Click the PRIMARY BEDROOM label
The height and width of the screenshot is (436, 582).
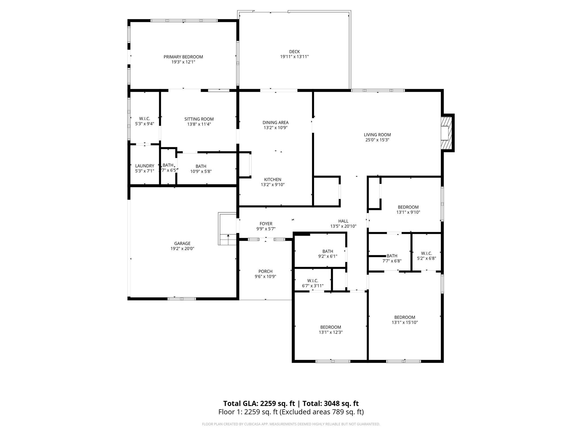[x=183, y=57]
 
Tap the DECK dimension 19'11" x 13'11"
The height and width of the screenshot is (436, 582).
[x=294, y=57]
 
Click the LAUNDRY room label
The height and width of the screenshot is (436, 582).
[x=144, y=166]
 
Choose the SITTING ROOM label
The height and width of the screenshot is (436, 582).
[x=199, y=119]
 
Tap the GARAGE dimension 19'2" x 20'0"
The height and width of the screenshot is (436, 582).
[x=182, y=249]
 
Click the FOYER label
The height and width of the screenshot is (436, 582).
[x=266, y=224]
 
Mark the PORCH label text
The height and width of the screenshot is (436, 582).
[x=265, y=271]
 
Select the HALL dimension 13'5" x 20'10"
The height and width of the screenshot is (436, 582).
[x=343, y=226]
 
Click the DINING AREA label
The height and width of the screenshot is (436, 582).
[x=275, y=123]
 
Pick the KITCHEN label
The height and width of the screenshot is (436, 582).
[x=273, y=179]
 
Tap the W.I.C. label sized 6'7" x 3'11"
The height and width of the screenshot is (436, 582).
[x=313, y=281]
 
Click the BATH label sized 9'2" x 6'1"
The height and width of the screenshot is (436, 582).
[x=327, y=251]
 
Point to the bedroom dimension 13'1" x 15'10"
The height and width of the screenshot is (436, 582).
[x=404, y=322]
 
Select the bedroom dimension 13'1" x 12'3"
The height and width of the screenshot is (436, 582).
[x=331, y=332]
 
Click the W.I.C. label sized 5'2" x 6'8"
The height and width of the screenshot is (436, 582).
[x=426, y=253]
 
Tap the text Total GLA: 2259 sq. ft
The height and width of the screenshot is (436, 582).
[x=259, y=403]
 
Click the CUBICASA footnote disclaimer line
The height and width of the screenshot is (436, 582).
[x=291, y=424]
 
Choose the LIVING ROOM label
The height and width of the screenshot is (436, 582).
[x=377, y=135]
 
